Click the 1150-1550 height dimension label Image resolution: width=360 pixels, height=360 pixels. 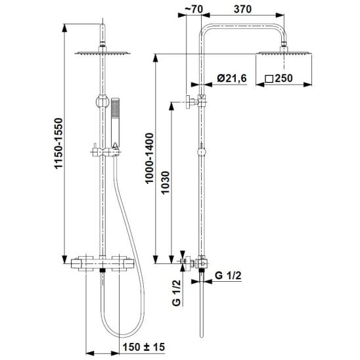pos(58,143)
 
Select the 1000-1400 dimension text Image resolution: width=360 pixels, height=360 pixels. pos(149,158)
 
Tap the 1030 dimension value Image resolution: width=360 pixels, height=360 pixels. pos(165,183)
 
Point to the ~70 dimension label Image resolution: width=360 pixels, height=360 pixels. pos(194,9)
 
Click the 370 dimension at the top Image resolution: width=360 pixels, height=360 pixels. pos(242,9)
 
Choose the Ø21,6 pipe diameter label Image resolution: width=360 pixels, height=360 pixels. pos(232,78)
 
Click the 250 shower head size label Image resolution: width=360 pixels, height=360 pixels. pos(284,78)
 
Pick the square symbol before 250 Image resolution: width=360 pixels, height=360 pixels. pos(269,79)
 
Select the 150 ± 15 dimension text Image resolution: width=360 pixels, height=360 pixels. pos(144,347)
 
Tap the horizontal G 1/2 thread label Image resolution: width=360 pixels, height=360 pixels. pos(228,275)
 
